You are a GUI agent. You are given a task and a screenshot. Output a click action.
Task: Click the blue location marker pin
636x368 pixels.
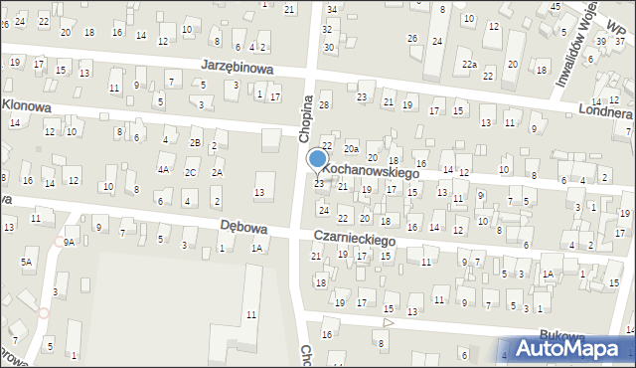tap(318, 160)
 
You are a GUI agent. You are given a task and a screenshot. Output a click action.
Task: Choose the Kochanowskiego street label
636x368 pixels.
tap(370, 172)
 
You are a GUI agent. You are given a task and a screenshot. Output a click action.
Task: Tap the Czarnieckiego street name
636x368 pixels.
tap(354, 240)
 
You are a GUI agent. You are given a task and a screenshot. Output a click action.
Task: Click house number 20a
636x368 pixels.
tap(351, 148)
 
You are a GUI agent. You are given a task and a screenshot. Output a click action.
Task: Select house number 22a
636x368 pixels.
tap(469, 65)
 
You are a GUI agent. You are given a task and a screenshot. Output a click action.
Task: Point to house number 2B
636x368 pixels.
tap(196, 142)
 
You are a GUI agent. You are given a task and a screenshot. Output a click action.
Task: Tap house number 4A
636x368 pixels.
tap(162, 169)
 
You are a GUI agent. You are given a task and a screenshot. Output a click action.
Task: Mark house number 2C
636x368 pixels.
tap(189, 172)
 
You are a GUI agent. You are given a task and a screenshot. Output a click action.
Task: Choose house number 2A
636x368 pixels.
tap(218, 172)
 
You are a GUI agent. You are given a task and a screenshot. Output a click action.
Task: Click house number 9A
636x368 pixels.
tap(69, 242)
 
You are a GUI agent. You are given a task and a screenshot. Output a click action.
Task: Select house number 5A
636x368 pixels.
tap(27, 262)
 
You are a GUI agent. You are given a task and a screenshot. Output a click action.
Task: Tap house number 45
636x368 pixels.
tap(554, 6)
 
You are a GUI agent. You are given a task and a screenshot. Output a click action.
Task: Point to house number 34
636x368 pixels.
tap(332, 9)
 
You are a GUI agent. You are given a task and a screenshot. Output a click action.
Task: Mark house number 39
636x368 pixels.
tap(600, 42)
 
